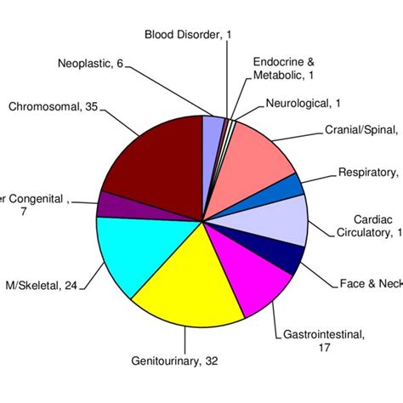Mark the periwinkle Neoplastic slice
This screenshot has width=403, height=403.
(x=212, y=128)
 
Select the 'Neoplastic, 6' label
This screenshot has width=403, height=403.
(x=90, y=64)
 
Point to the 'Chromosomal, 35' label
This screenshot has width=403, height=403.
(x=52, y=107)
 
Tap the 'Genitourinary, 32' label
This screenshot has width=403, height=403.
(x=175, y=360)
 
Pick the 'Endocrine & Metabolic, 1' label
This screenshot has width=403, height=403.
(x=284, y=69)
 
